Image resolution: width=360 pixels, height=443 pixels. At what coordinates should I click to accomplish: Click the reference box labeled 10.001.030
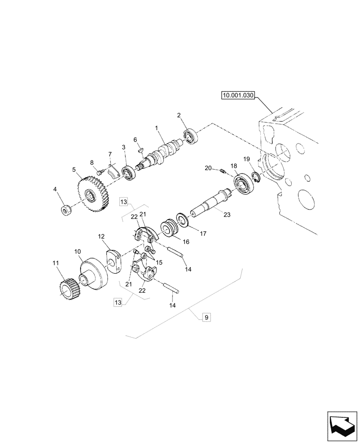[x=237, y=95]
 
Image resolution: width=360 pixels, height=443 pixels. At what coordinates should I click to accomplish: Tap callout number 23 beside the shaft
[x=227, y=214]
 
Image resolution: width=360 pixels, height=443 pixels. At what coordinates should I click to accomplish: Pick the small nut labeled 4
[x=67, y=210]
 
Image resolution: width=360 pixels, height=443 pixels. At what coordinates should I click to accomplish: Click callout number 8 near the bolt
[x=93, y=163]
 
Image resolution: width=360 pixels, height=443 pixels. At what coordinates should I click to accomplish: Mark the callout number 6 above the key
[x=136, y=140]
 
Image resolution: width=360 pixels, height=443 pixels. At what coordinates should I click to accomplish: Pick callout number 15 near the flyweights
[x=159, y=263]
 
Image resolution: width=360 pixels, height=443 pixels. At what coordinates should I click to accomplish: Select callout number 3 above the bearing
[x=124, y=147]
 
